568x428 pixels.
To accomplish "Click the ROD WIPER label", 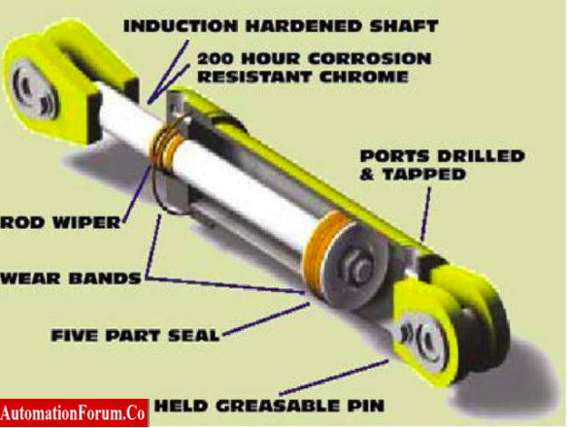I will point(60,223).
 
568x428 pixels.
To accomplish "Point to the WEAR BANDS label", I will point(70,278).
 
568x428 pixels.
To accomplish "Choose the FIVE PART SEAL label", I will point(134,336).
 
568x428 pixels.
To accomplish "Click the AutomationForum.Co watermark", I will point(74,412).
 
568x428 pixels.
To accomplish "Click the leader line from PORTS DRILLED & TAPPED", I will point(424,209).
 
